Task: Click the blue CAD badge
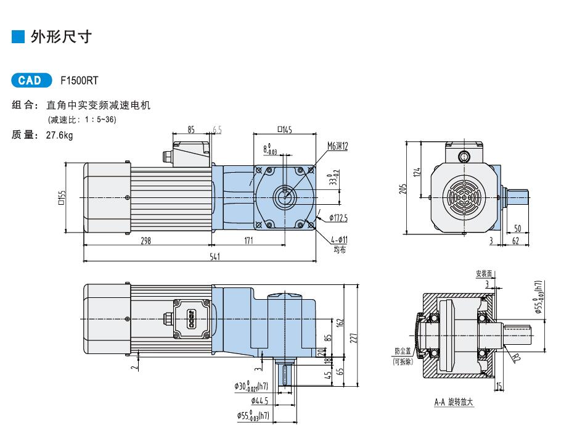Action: (31, 80)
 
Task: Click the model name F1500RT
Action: (79, 81)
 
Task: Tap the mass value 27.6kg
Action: (60, 134)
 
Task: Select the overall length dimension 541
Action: (215, 257)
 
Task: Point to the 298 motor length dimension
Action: (146, 241)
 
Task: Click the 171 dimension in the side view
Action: (248, 241)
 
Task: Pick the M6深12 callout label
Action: (338, 146)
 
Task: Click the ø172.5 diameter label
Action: (338, 218)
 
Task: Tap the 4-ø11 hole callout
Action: (339, 240)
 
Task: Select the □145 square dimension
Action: (285, 130)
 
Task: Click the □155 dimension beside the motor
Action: (62, 197)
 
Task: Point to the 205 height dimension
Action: (403, 189)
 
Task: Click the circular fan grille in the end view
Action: (464, 197)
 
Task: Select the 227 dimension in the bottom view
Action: (354, 338)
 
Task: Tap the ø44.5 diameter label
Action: (260, 401)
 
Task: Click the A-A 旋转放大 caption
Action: (454, 402)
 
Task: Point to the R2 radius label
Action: (515, 358)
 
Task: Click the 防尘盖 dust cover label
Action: (403, 351)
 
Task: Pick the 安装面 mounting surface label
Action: (485, 274)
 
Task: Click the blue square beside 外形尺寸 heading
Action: (18, 36)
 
